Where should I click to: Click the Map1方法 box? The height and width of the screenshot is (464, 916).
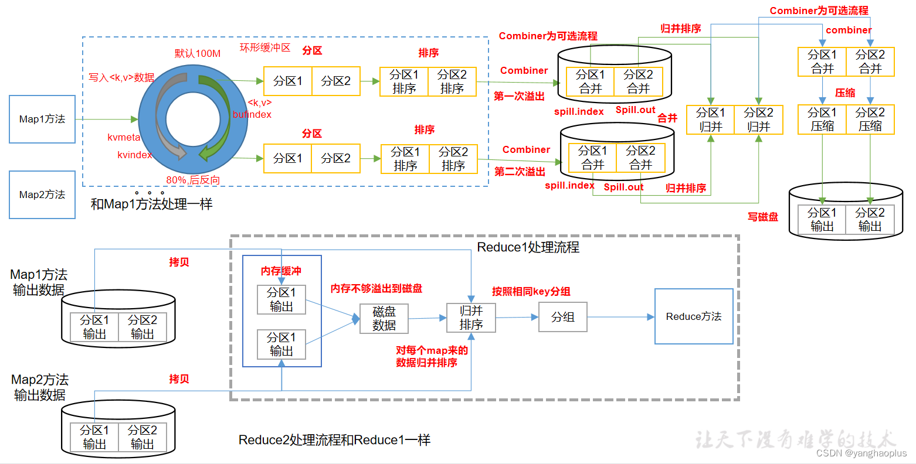42,119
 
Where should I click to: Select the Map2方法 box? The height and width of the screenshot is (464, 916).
42,195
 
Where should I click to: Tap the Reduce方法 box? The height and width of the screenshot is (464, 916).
694,316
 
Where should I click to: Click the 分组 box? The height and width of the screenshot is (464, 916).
562,317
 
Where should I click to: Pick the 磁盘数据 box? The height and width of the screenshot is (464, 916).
384,319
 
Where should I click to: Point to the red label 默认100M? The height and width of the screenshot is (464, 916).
198,53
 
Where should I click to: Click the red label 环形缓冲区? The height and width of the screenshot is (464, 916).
265,47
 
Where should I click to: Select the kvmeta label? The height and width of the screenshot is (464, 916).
124,137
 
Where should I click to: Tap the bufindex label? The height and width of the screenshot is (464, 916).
252,114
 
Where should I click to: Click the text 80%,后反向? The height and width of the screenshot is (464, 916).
193,180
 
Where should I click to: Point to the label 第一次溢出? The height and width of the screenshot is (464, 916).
519,96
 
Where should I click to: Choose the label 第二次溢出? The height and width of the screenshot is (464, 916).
520,172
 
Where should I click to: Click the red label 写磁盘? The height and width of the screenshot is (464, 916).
763,217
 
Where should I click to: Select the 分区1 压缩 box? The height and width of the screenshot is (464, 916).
822,120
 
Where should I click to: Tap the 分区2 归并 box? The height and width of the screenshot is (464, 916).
758,120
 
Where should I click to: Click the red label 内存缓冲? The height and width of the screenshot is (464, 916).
281,271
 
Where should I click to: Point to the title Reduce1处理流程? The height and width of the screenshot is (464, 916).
528,247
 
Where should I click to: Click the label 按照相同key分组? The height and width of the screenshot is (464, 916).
531,291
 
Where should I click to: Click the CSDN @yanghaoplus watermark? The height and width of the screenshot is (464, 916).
861,453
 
